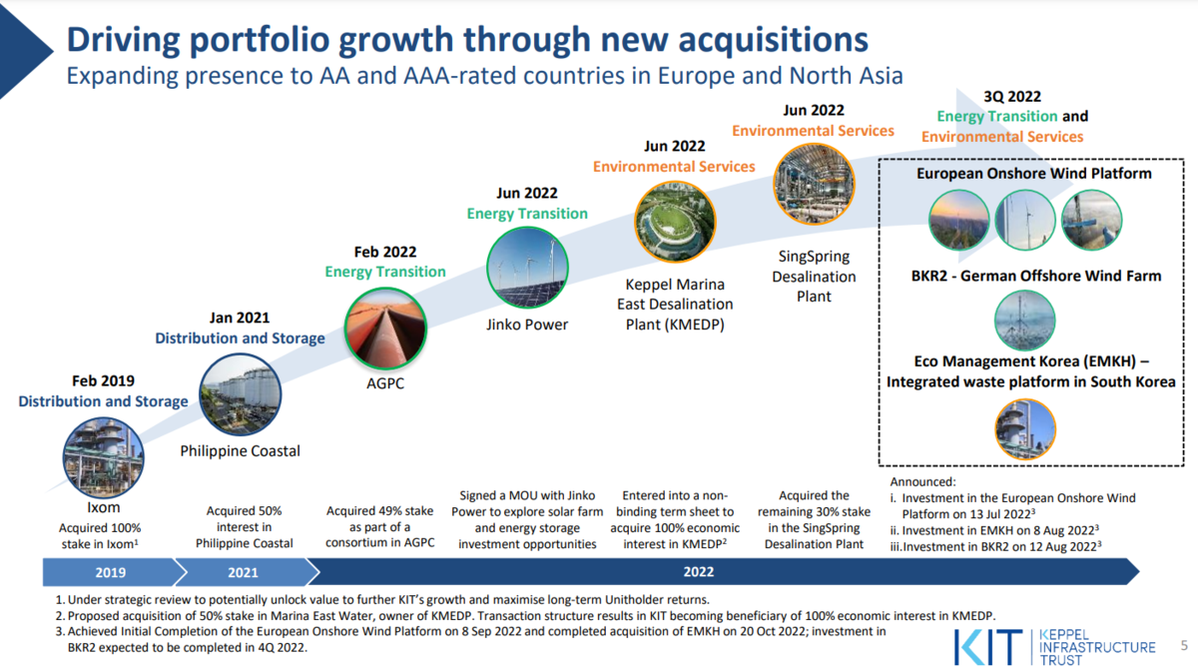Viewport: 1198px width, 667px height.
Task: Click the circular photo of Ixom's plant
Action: pos(103,458)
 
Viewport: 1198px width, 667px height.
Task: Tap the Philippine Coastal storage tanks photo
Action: pos(241,394)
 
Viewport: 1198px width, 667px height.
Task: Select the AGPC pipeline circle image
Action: pos(385,329)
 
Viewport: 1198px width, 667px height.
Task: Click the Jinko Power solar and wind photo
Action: pos(527,268)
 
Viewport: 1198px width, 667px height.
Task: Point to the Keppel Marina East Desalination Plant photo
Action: pos(675,222)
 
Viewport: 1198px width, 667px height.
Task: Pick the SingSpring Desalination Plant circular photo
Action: pos(814,184)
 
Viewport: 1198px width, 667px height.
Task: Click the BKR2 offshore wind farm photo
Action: pos(1024,321)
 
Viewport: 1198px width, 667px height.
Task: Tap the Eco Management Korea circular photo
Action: pos(1025,429)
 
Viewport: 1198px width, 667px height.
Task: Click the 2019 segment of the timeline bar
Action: pos(111,572)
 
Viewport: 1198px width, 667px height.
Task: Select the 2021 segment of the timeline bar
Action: pos(244,572)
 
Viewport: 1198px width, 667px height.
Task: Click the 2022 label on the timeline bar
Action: pos(699,572)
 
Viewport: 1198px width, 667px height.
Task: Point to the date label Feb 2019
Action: pos(103,380)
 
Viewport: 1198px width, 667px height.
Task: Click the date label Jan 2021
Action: pos(240,318)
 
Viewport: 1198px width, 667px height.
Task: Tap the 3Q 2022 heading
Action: pos(1012,96)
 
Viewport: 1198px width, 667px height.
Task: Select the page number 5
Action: pos(1184,645)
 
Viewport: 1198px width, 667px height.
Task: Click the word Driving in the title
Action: pos(124,41)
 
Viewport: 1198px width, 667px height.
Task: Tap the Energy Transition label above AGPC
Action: pos(385,272)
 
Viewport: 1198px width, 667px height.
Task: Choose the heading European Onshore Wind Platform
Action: pos(1034,174)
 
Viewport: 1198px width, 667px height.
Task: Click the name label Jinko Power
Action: pos(527,325)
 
